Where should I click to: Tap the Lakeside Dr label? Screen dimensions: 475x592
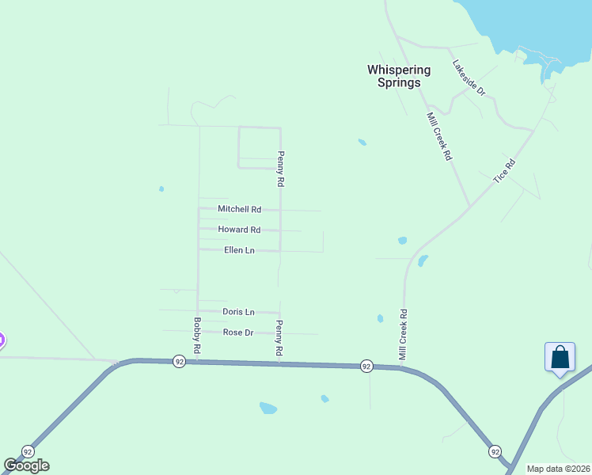469,78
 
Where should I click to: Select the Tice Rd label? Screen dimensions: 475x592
504,172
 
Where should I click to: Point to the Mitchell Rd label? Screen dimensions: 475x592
239,210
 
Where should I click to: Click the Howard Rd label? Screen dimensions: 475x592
239,230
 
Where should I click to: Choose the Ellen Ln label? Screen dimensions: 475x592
239,250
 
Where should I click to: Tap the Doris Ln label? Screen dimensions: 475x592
238,312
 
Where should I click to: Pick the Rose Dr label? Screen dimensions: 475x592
237,332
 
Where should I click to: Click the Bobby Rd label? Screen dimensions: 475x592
197,336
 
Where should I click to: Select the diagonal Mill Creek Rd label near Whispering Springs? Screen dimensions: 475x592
439,137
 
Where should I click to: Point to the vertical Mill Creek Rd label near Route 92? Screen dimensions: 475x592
403,335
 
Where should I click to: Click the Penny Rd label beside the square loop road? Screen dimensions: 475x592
280,169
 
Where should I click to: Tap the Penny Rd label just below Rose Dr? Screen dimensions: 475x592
279,336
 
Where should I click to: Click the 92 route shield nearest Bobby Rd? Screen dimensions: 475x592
180,361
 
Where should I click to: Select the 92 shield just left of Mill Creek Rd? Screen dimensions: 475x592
366,366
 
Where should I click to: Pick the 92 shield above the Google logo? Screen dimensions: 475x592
28,450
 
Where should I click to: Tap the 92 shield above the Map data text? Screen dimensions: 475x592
495,451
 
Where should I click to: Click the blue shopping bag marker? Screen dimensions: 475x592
560,356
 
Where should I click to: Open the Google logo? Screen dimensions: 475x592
26,465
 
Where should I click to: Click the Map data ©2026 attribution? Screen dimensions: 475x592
558,469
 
